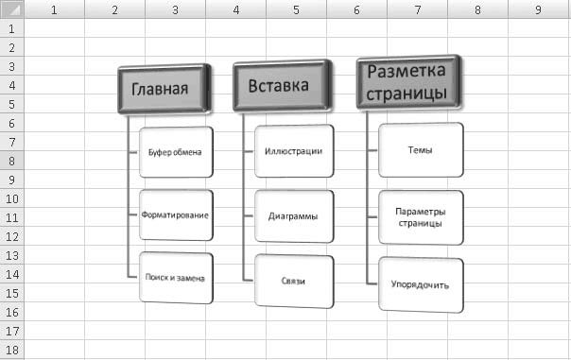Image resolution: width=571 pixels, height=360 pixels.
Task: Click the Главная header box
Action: [x=164, y=89]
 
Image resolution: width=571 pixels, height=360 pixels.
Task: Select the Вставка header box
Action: [x=283, y=86]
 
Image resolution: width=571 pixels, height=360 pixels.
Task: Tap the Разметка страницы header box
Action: [x=408, y=82]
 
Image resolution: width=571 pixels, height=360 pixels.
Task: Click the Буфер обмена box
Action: [x=176, y=152]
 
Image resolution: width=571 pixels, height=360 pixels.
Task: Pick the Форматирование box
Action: [x=176, y=215]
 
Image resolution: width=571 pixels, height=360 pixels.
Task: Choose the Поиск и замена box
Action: [x=176, y=278]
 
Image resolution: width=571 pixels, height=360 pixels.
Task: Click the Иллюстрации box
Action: [x=294, y=151]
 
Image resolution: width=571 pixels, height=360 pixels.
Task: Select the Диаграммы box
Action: [x=294, y=216]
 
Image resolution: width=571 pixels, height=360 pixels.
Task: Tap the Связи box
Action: [x=294, y=282]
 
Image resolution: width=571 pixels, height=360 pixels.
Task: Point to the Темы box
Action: [x=421, y=150]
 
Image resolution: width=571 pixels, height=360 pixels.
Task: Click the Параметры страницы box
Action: [x=421, y=217]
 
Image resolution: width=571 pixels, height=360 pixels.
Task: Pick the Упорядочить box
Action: [x=421, y=284]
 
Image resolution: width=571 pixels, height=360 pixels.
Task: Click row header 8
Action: [x=12, y=161]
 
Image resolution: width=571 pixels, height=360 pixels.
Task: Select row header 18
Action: [x=12, y=350]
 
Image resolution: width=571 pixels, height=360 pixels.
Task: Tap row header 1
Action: [x=12, y=28]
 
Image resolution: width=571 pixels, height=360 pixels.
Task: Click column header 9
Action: [x=539, y=9]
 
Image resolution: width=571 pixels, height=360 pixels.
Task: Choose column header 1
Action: [x=54, y=9]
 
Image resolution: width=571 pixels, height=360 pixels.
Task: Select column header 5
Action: [x=297, y=9]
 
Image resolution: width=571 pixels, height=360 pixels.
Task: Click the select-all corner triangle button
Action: [x=12, y=9]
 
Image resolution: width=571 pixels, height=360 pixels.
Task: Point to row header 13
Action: [x=12, y=255]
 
